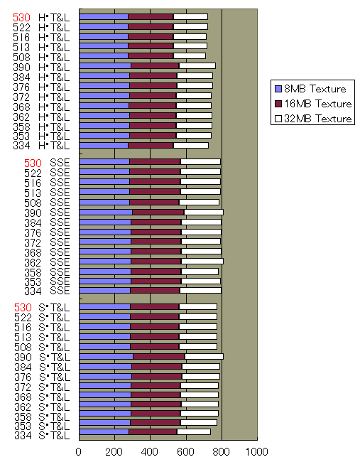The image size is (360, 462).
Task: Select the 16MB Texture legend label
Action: click(317, 104)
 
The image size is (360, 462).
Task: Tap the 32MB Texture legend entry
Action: click(317, 119)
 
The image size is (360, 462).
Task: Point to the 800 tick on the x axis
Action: click(222, 452)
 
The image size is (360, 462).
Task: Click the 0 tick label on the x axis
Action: click(79, 452)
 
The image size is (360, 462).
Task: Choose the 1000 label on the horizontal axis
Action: click(256, 452)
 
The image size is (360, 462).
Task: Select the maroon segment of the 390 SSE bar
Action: click(158, 212)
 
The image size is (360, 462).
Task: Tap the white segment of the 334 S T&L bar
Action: click(193, 431)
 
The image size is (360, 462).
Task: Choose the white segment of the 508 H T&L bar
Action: click(189, 55)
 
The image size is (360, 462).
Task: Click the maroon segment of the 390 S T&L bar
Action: click(159, 356)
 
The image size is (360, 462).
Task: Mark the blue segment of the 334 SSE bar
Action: click(104, 290)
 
